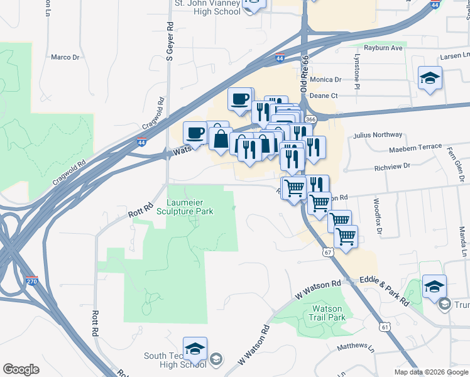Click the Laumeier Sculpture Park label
coord(190,207)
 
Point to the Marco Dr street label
coord(65,57)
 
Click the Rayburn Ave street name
coord(383,48)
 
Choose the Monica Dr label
coord(325,80)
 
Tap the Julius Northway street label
coord(377,134)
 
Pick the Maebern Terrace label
coord(415,146)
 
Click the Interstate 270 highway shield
coord(33,280)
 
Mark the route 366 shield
coord(310,118)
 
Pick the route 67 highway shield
coord(327,252)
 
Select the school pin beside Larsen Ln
coord(430,78)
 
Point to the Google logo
coord(21,369)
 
